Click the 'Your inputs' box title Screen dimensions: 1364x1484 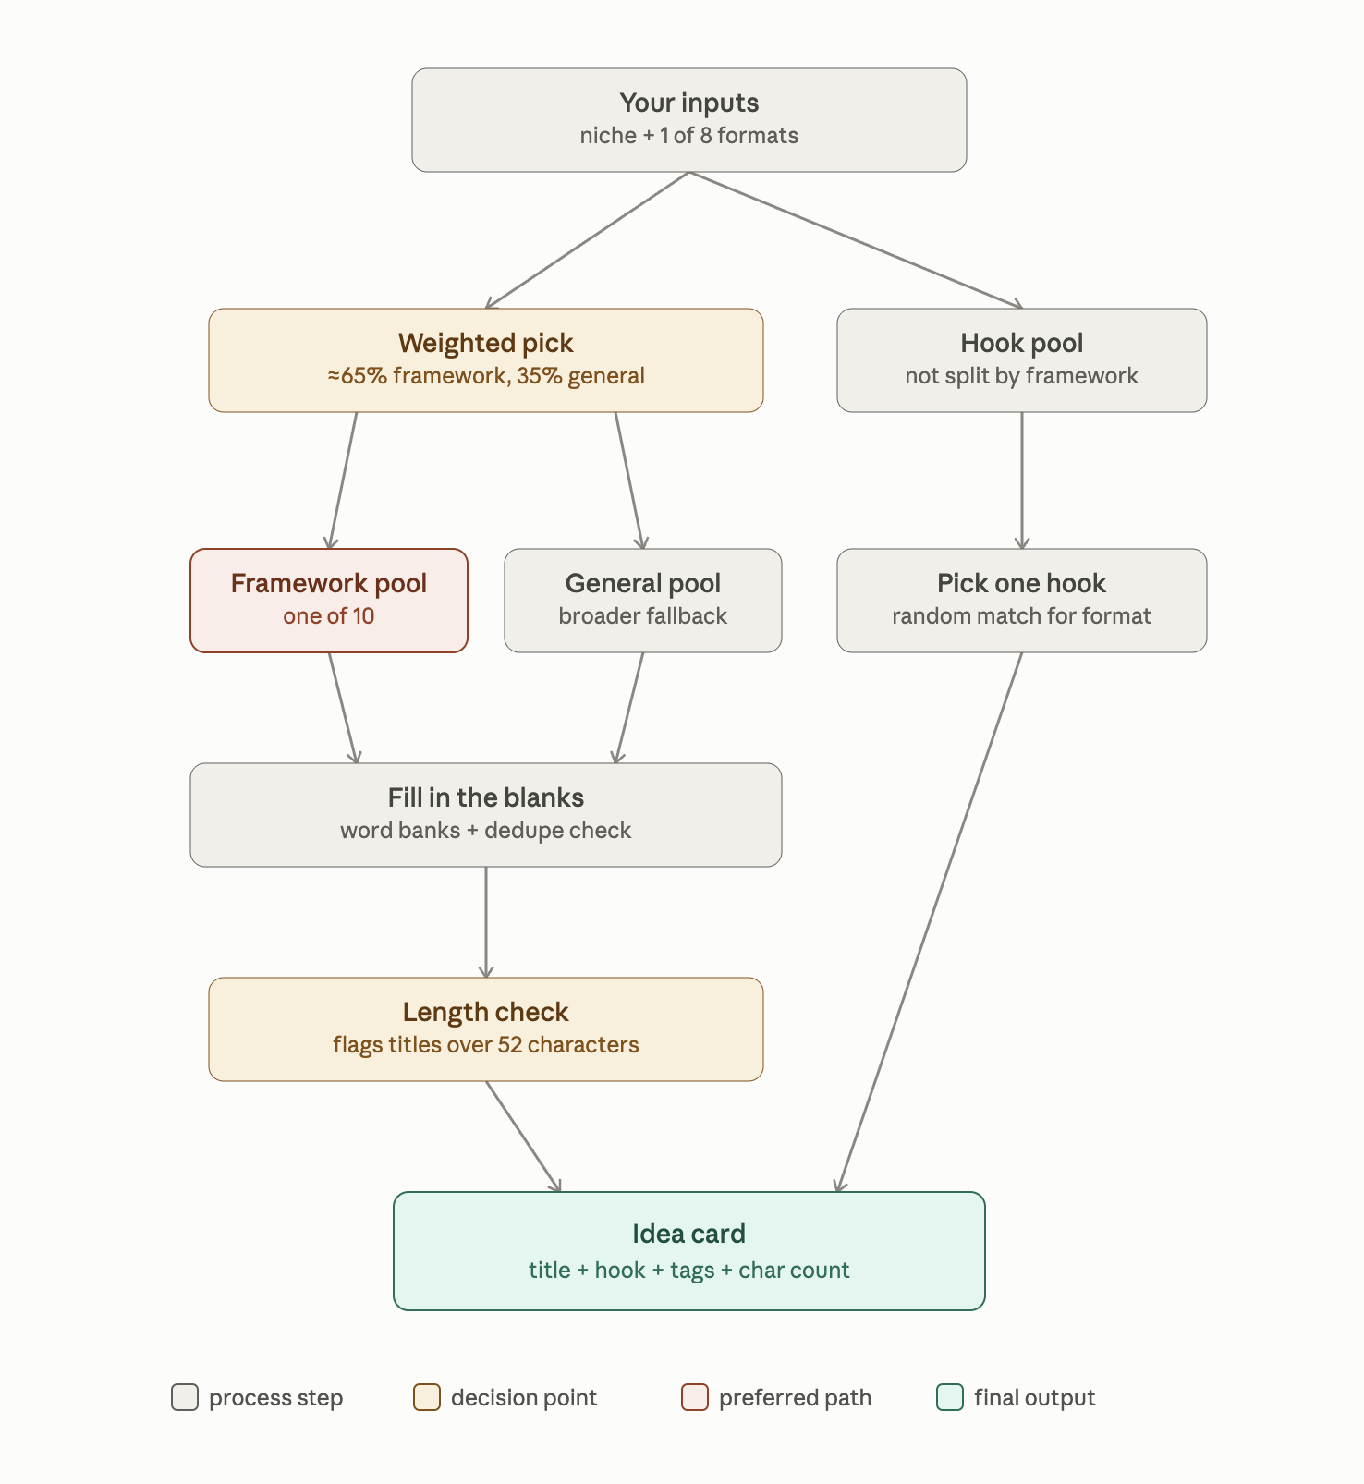pyautogui.click(x=689, y=103)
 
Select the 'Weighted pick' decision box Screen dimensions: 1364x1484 pyautogui.click(x=486, y=360)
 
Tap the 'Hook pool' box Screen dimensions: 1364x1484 pyautogui.click(x=1022, y=360)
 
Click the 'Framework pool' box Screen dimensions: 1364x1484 pyautogui.click(x=329, y=601)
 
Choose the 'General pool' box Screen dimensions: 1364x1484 pyautogui.click(x=643, y=601)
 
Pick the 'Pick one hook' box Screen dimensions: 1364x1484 pyautogui.click(x=1022, y=601)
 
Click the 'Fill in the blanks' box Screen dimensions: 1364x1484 pyautogui.click(x=486, y=815)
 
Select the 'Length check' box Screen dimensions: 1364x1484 pyautogui.click(x=486, y=1029)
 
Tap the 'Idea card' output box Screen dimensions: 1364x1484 pyautogui.click(x=689, y=1251)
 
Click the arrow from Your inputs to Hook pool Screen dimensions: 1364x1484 pyautogui.click(x=856, y=240)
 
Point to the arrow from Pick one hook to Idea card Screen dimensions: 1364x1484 pyautogui.click(x=930, y=922)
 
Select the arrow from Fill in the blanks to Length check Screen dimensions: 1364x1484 pyautogui.click(x=486, y=922)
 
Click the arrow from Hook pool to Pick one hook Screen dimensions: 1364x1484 pyautogui.click(x=1022, y=480)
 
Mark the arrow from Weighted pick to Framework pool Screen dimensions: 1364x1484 pyautogui.click(x=343, y=480)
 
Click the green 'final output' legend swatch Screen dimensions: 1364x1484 pyautogui.click(x=950, y=1397)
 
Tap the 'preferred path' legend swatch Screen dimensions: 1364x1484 pyautogui.click(x=695, y=1397)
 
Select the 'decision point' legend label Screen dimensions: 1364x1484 pyautogui.click(x=524, y=1398)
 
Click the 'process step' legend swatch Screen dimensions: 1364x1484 pyautogui.click(x=185, y=1397)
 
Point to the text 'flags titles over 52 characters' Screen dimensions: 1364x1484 pyautogui.click(x=486, y=1045)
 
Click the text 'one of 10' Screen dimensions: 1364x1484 pyautogui.click(x=329, y=616)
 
